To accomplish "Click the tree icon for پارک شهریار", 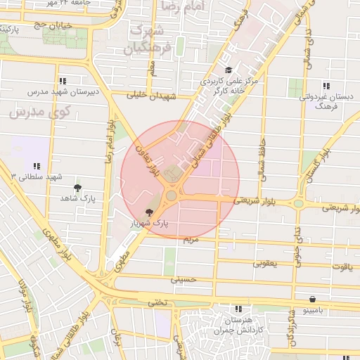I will tap(148, 212).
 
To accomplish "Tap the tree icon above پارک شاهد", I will tap(77, 188).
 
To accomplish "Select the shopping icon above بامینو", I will tap(311, 298).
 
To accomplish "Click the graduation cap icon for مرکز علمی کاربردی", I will tap(228, 70).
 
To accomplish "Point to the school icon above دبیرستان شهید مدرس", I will tap(63, 81).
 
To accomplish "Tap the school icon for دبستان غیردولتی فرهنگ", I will tap(324, 85).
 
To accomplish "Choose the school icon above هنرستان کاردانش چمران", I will tap(238, 308).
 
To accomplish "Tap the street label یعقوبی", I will tap(264, 264).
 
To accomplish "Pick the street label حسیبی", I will tap(181, 279).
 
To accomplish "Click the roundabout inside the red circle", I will tap(171, 195).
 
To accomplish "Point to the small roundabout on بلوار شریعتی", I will tap(298, 204).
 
